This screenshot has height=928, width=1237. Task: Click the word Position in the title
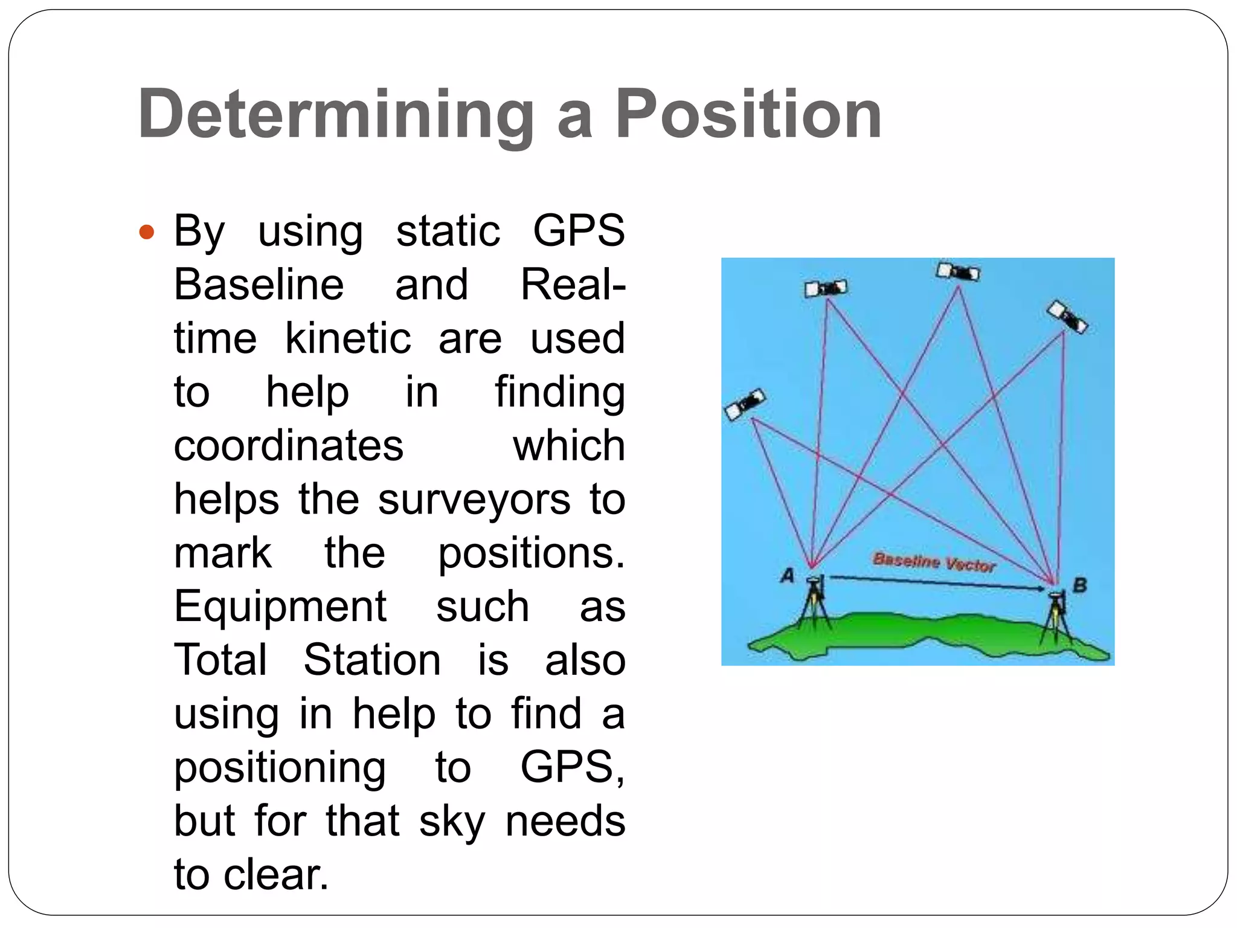[748, 115]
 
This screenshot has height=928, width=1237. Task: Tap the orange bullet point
[147, 232]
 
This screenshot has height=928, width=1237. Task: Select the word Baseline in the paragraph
[259, 285]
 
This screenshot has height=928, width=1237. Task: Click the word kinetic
[348, 338]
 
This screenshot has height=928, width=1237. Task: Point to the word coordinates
[289, 446]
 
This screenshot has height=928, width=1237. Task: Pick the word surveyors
[474, 500]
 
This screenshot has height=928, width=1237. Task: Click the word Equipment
[280, 607]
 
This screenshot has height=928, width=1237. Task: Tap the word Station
[372, 660]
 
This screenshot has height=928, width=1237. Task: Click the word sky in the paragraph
[452, 822]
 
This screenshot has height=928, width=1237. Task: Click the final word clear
[275, 875]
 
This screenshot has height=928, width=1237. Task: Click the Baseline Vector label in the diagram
[934, 562]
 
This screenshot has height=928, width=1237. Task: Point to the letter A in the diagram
[787, 576]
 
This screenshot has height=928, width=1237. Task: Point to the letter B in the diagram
[1079, 585]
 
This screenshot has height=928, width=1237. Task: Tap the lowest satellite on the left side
[745, 405]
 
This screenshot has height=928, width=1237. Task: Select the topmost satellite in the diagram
[958, 271]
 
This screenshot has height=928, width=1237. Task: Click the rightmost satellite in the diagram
[1067, 317]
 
